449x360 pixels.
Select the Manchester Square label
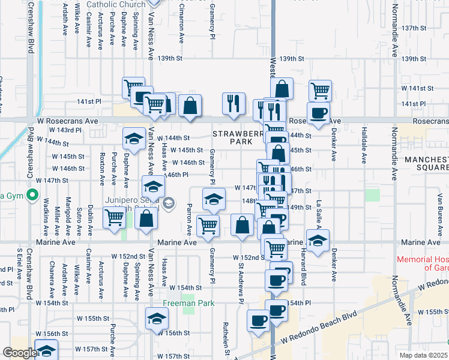426,164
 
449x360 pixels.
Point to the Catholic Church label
116,5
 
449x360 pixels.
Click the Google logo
19,353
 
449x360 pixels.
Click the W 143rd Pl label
64,130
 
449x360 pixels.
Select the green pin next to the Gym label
34,195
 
